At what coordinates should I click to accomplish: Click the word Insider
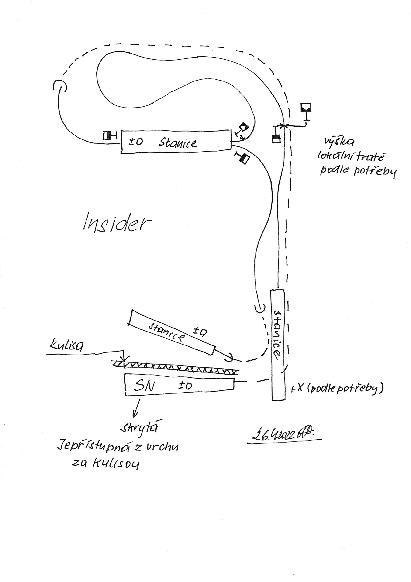pos(117,222)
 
